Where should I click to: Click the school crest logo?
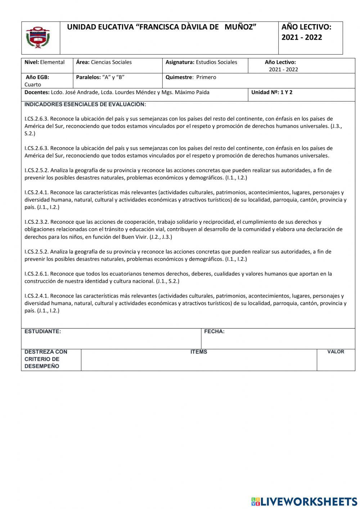point(38,37)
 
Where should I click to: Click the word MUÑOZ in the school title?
point(240,27)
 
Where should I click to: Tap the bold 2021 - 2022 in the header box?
point(302,37)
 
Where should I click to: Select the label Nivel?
point(32,62)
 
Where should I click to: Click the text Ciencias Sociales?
point(111,62)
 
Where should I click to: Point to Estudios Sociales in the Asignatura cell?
point(216,62)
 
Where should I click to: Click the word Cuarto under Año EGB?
point(33,85)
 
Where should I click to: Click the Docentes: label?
point(37,92)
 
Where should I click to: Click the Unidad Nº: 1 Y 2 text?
point(272,92)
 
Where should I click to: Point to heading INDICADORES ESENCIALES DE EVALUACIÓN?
point(85,104)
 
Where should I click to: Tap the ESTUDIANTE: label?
point(42,331)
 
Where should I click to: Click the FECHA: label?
point(214,331)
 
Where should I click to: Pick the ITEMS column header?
point(199,352)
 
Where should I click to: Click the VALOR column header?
point(336,352)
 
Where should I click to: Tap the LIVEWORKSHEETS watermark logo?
point(304,501)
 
